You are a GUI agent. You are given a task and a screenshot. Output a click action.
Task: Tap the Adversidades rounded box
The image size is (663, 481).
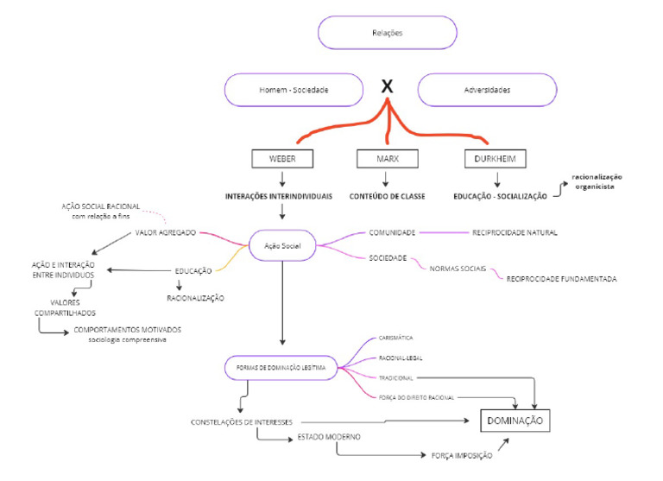coord(487,90)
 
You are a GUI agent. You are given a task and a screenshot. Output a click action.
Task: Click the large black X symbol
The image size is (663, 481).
coord(388,86)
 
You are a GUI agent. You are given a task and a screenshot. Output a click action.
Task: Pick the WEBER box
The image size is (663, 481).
coord(282,159)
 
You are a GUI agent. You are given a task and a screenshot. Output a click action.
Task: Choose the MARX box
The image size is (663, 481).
coord(387,159)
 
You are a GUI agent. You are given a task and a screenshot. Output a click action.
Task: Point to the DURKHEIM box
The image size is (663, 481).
coord(497,159)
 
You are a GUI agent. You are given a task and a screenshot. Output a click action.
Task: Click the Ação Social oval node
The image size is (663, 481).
coord(281,245)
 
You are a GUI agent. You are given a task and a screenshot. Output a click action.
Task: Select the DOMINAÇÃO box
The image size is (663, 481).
coord(515,420)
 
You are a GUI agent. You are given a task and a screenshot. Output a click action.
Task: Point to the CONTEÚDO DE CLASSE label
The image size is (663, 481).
coord(387,197)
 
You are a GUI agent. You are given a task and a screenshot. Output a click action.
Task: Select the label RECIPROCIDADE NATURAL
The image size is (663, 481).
coord(515,232)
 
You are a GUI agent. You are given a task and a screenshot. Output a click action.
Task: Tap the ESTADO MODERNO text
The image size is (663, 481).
coord(329,436)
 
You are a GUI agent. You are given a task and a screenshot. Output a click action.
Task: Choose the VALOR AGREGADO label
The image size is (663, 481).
coord(166,232)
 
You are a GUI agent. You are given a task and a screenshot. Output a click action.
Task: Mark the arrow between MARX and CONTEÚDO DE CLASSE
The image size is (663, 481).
coord(387,179)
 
